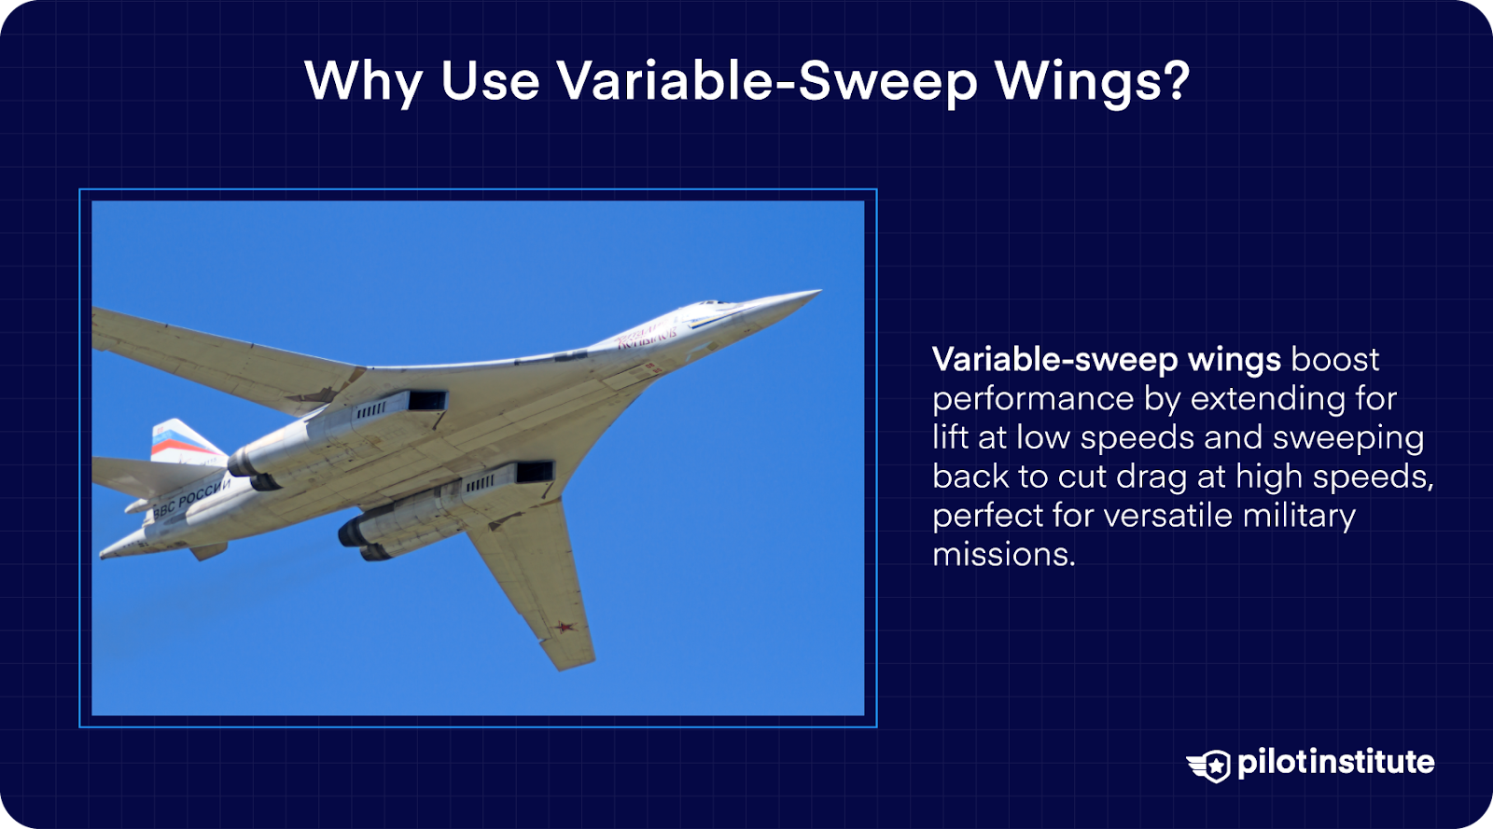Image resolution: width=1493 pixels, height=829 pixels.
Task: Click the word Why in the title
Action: tap(363, 81)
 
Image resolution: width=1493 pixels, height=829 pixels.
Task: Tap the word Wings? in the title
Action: tap(1092, 81)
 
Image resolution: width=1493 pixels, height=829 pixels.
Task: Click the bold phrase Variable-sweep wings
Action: tap(1107, 359)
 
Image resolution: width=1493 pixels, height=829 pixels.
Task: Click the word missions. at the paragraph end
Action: tap(1003, 555)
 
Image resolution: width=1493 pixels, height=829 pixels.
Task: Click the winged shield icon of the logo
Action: tap(1209, 765)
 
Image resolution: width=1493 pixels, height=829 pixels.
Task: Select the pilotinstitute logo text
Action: tap(1335, 762)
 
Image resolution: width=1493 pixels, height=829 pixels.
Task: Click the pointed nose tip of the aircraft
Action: tap(816, 293)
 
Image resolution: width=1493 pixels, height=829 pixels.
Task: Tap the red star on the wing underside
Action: tap(564, 627)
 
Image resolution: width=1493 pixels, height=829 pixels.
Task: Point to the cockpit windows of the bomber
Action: tap(714, 304)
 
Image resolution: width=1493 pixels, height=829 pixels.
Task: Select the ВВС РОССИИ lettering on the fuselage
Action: tap(190, 497)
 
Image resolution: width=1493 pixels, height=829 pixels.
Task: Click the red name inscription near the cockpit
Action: tap(646, 337)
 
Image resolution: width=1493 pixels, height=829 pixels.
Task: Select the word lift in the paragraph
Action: tap(950, 437)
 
